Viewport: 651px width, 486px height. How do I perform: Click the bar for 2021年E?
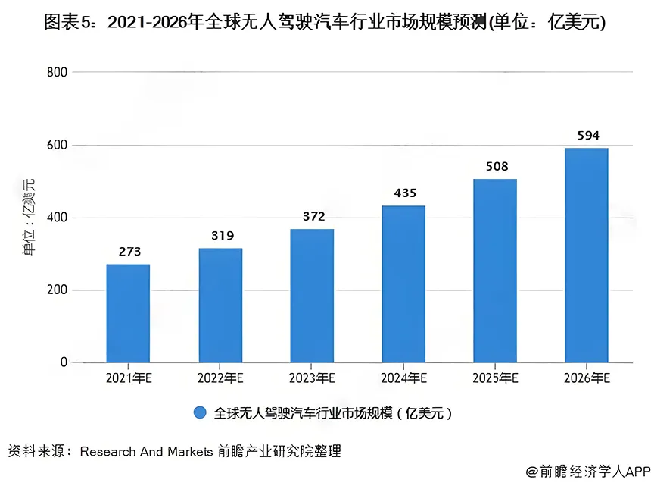coord(128,313)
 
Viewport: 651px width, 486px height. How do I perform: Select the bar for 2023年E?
coord(312,296)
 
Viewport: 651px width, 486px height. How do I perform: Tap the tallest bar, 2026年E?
coord(587,256)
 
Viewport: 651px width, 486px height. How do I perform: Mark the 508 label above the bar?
coord(496,167)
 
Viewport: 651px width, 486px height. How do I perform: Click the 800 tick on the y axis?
coord(58,72)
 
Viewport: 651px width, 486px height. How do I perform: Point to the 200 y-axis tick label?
coord(58,290)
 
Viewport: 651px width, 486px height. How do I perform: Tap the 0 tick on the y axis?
coord(64,362)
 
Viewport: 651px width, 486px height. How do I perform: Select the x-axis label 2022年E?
coord(220,378)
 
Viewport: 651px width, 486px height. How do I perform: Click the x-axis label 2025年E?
coord(496,378)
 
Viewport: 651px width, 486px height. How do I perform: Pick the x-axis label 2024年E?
coord(403,378)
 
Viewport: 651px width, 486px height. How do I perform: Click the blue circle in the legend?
coord(200,413)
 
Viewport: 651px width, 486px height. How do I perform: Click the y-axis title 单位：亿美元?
coord(29,218)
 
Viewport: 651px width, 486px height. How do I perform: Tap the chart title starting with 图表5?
coord(325,22)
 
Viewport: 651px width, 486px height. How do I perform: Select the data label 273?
coord(128,252)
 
